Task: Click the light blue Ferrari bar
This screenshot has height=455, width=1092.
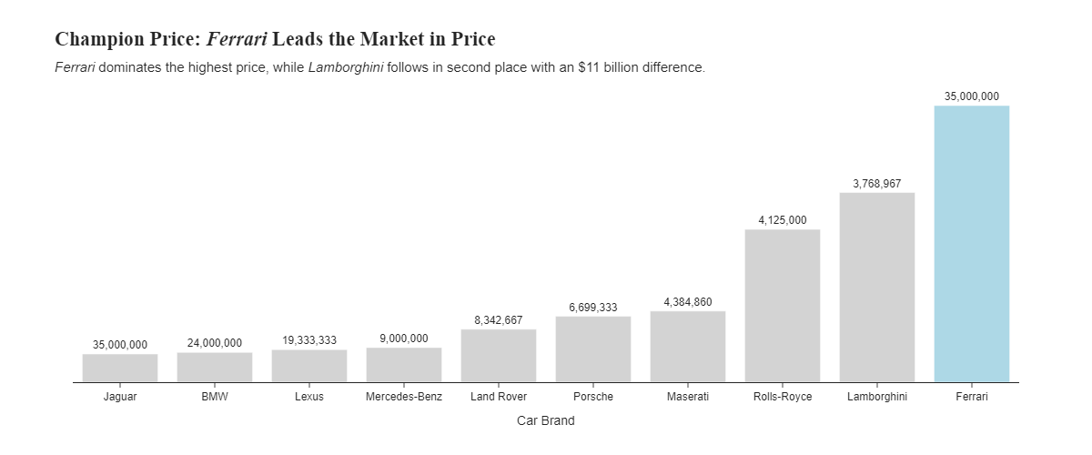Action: coord(971,244)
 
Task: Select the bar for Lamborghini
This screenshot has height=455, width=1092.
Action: coord(876,288)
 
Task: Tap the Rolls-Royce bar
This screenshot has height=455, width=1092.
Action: coord(782,306)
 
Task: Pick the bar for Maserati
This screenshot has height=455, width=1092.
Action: coord(687,347)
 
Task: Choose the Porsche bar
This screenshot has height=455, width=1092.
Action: coord(592,349)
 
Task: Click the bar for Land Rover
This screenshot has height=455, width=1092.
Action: coord(498,356)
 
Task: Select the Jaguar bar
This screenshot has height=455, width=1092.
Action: coord(119,369)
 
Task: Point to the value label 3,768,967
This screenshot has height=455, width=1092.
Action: coord(876,184)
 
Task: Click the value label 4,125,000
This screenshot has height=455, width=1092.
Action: coord(782,220)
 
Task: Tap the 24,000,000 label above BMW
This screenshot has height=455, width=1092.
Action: coord(214,343)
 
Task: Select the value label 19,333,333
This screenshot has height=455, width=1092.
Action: coord(308,340)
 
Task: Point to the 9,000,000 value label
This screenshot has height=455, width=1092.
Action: coord(403,339)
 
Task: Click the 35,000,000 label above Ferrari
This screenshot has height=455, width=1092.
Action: coord(971,96)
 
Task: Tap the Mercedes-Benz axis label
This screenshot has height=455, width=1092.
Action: coord(403,397)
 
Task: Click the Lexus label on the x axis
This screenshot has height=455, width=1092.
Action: coord(308,397)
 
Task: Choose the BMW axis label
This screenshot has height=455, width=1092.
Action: coord(214,397)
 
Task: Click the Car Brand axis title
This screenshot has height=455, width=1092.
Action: coord(545,420)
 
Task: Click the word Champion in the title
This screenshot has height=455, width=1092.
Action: coord(97,39)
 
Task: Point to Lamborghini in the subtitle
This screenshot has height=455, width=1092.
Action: coord(345,68)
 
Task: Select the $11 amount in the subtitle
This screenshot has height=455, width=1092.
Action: coord(589,68)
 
